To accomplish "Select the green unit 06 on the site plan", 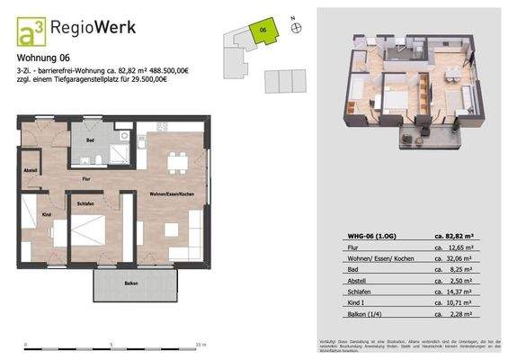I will pos(263,31).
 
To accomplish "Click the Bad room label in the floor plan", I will pos(90,141).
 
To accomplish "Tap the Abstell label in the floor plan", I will pos(31,170).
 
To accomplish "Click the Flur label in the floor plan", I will pos(86,180).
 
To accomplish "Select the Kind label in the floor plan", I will pos(47,214).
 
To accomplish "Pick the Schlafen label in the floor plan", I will pos(86,203).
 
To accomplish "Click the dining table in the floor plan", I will pos(177,162).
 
